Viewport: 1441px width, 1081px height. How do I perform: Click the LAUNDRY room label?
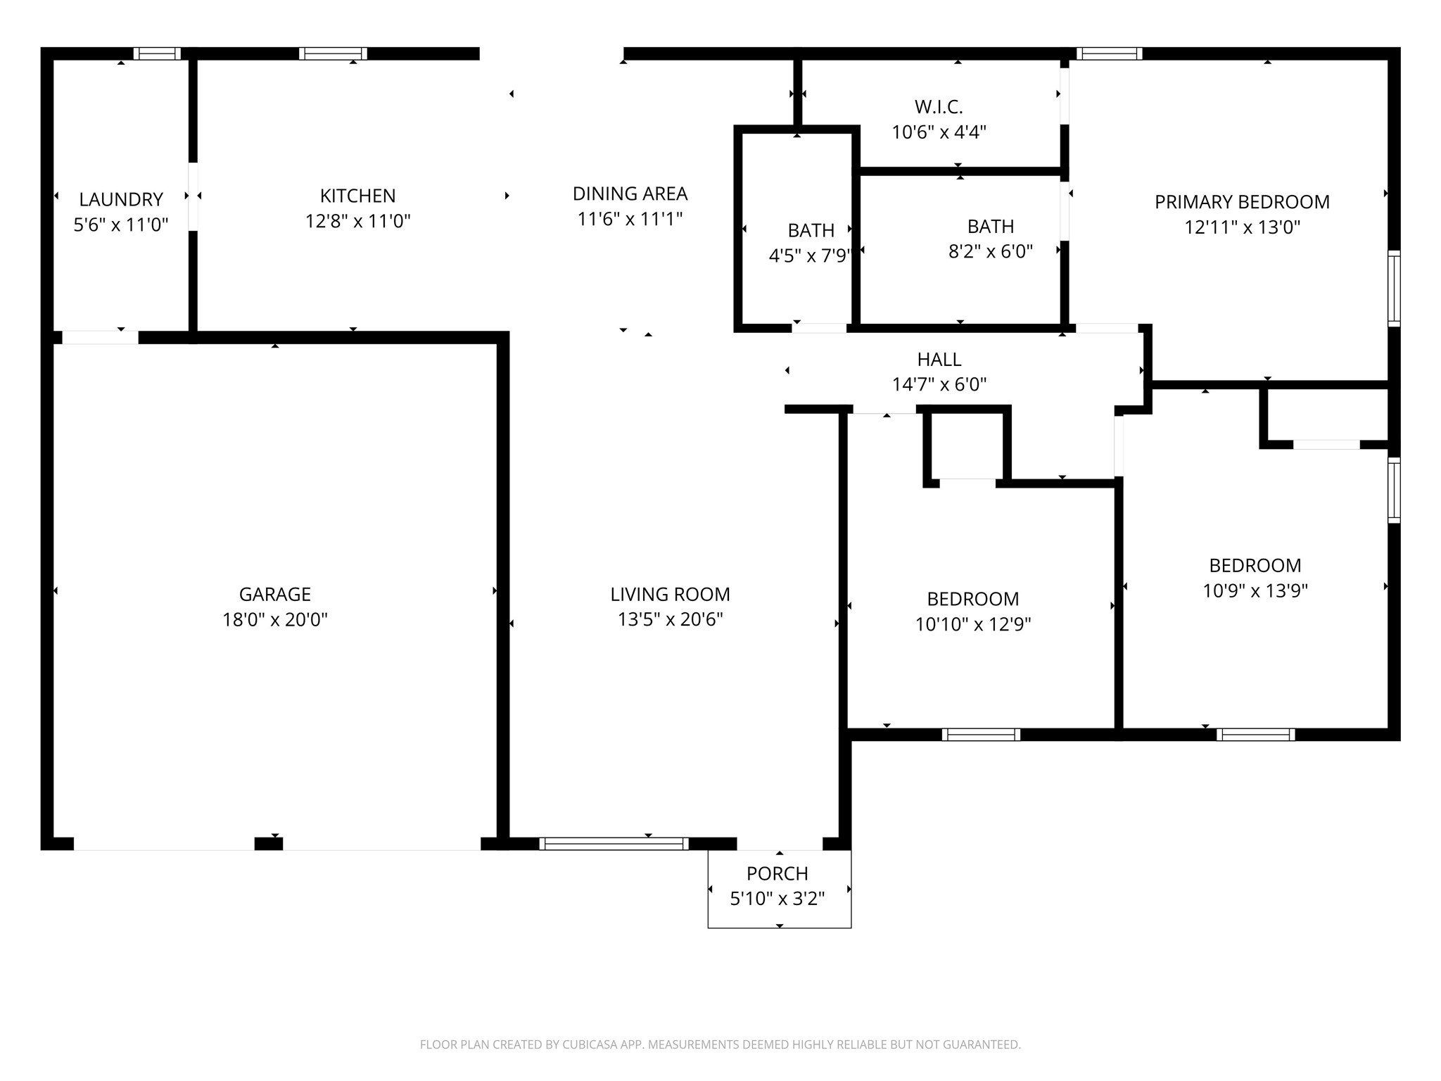pos(121,199)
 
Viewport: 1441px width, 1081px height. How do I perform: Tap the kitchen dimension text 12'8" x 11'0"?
pos(357,222)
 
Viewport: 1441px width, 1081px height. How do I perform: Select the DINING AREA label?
pos(630,194)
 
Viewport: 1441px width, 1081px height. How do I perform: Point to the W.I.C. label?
pos(939,107)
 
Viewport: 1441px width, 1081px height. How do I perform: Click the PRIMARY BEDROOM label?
pos(1242,202)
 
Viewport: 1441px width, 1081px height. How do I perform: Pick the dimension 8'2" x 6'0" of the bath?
pos(990,252)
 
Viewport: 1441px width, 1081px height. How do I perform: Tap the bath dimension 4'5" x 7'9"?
pos(811,255)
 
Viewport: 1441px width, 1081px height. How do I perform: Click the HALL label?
pos(939,360)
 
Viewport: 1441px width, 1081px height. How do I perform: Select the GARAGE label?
pos(274,594)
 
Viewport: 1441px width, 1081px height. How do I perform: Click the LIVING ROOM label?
pos(670,594)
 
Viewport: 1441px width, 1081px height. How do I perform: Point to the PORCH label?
pos(777,873)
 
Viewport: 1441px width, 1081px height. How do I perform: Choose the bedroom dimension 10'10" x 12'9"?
pos(972,624)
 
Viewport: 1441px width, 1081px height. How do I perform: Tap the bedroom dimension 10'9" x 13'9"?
pos(1255,590)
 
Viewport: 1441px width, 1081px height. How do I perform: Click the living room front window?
pos(614,843)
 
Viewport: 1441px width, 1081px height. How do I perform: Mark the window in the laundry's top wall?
pos(157,53)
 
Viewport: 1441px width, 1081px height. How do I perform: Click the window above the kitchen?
pos(333,53)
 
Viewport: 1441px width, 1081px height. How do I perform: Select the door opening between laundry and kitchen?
pos(193,196)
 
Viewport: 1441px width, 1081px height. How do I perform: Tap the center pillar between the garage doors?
pos(268,844)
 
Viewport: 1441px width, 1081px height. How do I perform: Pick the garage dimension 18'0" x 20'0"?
pos(274,620)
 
